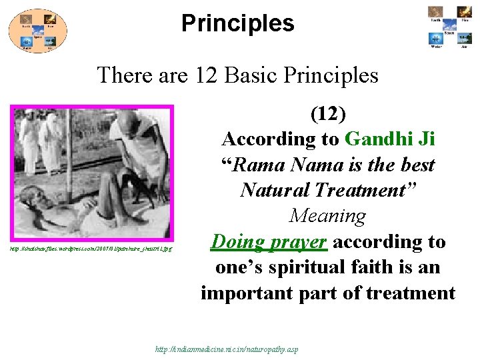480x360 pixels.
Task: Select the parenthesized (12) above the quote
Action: pyautogui.click(x=328, y=114)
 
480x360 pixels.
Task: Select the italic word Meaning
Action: pyautogui.click(x=327, y=216)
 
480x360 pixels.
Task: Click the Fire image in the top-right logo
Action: pyautogui.click(x=463, y=12)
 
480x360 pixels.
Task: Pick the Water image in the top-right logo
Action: pyautogui.click(x=435, y=39)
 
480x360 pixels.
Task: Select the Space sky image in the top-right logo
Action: pyautogui.click(x=449, y=25)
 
